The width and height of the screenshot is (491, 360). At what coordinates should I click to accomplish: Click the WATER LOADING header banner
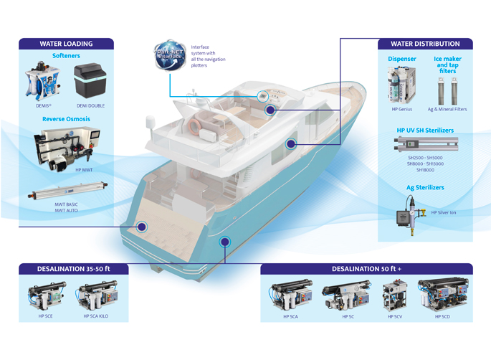click(66, 43)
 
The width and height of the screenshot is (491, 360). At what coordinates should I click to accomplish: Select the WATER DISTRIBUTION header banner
click(424, 43)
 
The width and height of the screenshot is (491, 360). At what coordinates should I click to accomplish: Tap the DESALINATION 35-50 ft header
click(74, 269)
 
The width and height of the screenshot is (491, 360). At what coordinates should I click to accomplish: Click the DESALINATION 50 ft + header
click(366, 269)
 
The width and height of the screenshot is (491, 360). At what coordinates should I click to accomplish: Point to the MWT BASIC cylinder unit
click(66, 192)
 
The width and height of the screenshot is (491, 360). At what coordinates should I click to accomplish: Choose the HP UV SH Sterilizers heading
click(424, 131)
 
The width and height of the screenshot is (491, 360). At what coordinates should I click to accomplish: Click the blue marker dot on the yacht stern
click(143, 227)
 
